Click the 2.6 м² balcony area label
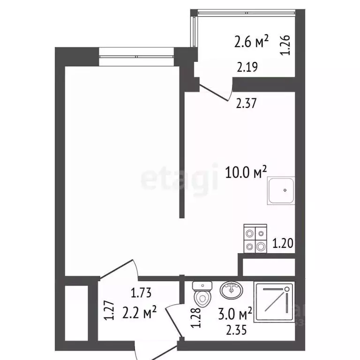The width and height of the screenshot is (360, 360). coord(251,43)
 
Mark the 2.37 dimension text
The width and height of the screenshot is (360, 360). coord(245,104)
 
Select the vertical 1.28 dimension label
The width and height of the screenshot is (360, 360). coord(197,316)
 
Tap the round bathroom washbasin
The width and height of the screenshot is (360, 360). coord(230,291)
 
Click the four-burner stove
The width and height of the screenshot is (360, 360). coord(255,239)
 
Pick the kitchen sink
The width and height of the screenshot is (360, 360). coord(281,191)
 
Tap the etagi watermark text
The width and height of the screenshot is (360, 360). coord(180,179)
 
